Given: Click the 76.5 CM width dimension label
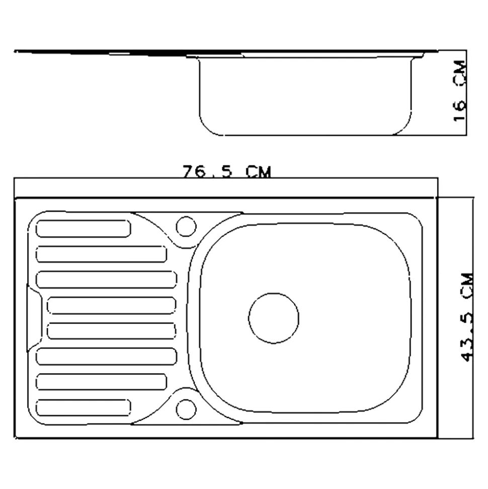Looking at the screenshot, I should click(226, 172).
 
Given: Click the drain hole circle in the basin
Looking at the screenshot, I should click(274, 318).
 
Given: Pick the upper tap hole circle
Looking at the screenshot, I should click(186, 226).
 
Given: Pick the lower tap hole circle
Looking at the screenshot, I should click(186, 409).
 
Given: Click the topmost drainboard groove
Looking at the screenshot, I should click(84, 229).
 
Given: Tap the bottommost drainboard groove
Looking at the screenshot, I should click(84, 407).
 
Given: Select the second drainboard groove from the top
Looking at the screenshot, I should click(101, 254).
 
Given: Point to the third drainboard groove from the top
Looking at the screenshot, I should click(107, 280).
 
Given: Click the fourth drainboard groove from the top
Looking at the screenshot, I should click(112, 305).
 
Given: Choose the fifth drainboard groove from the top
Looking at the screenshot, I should click(112, 331).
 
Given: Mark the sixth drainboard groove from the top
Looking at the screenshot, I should click(107, 356).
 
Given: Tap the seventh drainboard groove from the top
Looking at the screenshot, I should click(101, 382).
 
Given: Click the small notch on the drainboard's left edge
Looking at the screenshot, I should click(33, 318).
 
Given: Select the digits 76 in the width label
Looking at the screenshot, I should click(192, 172).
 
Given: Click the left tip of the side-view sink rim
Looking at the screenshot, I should click(16, 51).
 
